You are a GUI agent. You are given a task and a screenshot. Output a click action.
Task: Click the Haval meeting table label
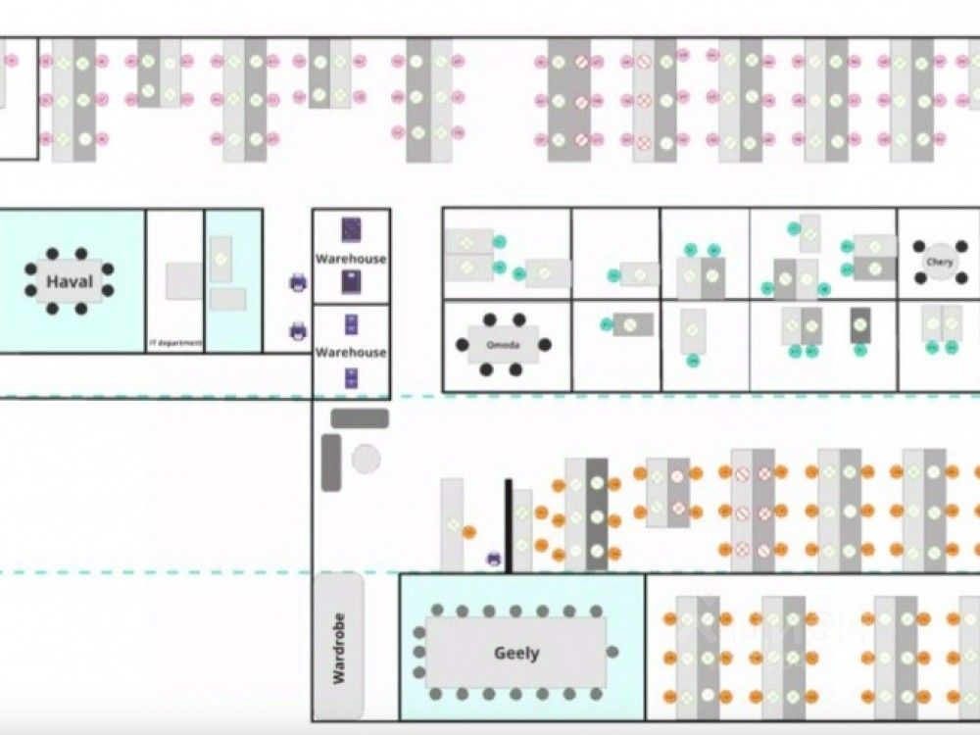(70, 283)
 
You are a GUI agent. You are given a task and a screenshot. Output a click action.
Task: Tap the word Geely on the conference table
(516, 653)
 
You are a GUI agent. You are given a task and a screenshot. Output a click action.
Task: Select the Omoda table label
(502, 345)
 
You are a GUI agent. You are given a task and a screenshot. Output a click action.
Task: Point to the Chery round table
(939, 262)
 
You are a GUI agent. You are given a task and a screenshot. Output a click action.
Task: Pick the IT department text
(174, 343)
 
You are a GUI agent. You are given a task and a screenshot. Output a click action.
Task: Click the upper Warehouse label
(351, 259)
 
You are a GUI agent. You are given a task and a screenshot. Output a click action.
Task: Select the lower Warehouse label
(351, 352)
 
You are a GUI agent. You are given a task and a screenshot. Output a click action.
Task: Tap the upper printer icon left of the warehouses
(298, 283)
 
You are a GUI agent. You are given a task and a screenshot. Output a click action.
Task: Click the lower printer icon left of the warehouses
(298, 331)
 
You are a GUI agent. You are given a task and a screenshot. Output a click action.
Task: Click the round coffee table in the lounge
(366, 458)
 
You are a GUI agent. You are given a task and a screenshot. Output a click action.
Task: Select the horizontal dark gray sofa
(360, 418)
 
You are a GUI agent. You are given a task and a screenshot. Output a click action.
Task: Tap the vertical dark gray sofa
(331, 462)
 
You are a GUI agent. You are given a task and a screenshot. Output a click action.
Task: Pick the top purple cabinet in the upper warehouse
(351, 229)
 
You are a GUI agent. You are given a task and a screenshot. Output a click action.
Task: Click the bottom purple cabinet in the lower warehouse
(351, 378)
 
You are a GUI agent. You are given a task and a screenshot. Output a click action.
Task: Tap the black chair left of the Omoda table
(463, 345)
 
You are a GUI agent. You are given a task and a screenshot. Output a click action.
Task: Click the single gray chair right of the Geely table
(612, 652)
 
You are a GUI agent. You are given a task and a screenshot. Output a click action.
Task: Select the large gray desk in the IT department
(184, 280)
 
